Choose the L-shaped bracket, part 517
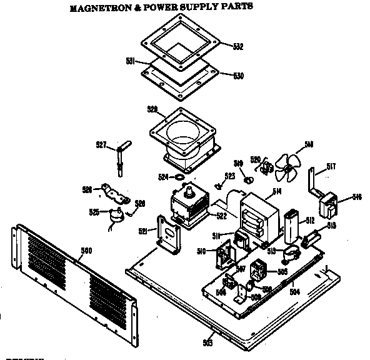[312, 179]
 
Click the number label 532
[237, 47]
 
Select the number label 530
[238, 76]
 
